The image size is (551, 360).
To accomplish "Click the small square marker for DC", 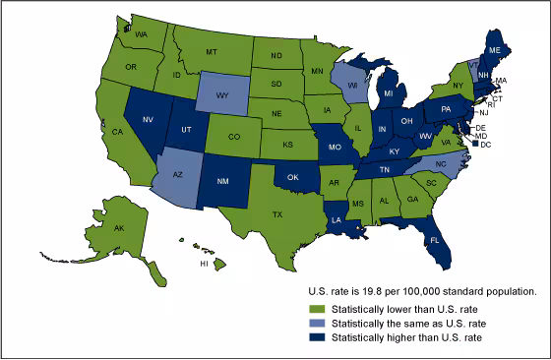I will (476, 145).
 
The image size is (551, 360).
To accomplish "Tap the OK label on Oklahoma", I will (292, 178).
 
